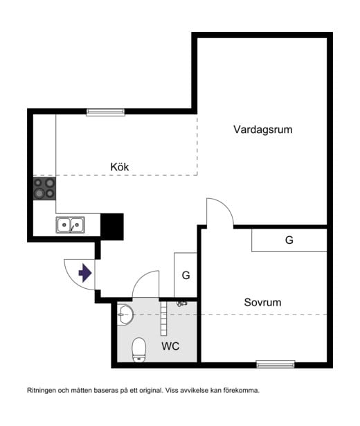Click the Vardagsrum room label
262,130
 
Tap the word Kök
120,167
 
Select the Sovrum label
262,303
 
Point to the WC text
170,346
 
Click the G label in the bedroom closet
289,240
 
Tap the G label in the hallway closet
186,275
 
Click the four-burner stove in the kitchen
45,188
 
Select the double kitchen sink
70,224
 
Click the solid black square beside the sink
112,226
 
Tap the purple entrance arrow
85,273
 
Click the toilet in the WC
139,349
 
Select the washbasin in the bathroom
125,314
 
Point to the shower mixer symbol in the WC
182,303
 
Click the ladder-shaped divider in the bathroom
164,315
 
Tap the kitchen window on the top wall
105,112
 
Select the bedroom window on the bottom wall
276,364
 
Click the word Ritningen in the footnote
44,390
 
